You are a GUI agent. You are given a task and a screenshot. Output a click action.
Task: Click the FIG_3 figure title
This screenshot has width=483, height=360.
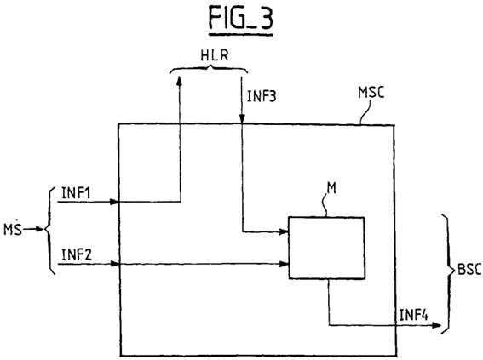(240, 18)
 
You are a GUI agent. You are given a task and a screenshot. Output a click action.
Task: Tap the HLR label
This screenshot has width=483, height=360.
(215, 55)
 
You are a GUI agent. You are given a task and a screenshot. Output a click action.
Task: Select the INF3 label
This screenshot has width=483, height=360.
(262, 96)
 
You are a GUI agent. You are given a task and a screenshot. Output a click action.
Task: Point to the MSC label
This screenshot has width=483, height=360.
(371, 92)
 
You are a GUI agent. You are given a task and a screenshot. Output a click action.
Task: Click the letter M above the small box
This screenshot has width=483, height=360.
(331, 188)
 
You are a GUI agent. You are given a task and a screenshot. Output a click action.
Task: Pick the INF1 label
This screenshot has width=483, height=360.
(76, 193)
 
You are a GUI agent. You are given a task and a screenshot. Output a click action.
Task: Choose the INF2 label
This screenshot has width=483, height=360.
(77, 254)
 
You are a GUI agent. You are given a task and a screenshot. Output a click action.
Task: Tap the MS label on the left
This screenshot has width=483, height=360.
(13, 228)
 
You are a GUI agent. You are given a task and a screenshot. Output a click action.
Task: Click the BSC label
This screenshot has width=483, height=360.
(469, 270)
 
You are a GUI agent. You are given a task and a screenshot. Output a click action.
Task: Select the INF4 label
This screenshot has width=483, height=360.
(414, 315)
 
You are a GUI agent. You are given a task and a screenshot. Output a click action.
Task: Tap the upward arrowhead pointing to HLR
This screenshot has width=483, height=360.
(179, 81)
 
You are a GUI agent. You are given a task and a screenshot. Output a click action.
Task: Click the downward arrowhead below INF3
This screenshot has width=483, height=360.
(242, 119)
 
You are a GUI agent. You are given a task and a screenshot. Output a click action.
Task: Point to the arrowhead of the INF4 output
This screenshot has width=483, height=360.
(436, 325)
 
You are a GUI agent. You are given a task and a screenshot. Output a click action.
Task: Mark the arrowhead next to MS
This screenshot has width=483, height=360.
(39, 229)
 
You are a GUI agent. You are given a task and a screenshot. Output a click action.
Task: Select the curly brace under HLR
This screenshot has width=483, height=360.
(209, 71)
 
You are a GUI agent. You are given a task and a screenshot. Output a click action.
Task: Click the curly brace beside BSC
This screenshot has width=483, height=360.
(448, 273)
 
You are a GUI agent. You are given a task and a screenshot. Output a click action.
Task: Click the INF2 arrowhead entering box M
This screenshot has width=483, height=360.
(284, 264)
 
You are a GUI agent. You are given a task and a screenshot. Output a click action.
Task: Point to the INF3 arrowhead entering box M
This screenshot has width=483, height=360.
(284, 231)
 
